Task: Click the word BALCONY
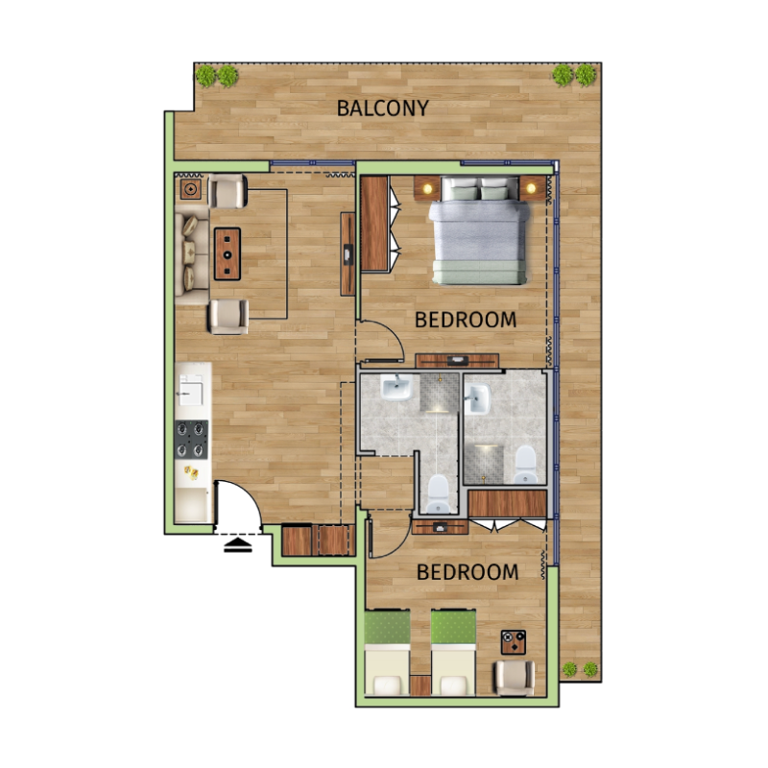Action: coord(382,108)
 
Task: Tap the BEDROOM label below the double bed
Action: coord(466,320)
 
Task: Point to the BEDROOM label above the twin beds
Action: coord(468,572)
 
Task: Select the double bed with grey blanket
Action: coord(480,236)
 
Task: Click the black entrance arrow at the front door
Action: coord(238,546)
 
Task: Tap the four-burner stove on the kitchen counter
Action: coord(192,439)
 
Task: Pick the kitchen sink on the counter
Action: coord(191,390)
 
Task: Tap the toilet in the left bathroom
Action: coord(438,492)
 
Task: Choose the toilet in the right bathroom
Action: coord(525,464)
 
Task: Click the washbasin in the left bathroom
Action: coord(396,389)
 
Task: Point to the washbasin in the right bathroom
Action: coord(478,398)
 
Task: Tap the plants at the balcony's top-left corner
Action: coord(217,75)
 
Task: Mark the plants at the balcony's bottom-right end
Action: coord(579,669)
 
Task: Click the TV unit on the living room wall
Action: coord(348,253)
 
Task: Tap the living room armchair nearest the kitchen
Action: coord(228,315)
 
